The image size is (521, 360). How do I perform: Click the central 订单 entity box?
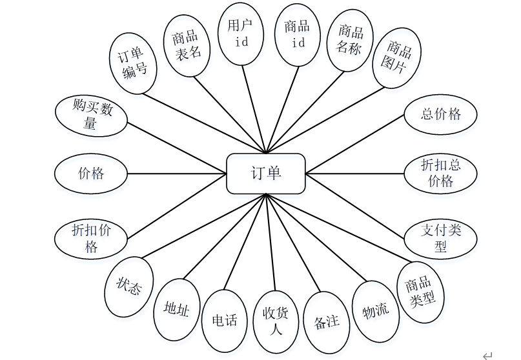[x=265, y=174]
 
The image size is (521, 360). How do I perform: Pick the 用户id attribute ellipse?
[x=240, y=34]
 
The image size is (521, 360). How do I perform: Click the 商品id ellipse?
[x=298, y=35]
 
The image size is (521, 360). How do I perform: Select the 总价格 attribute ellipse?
[x=440, y=115]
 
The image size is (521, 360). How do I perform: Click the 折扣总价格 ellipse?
[x=440, y=174]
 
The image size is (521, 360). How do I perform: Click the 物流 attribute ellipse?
[x=376, y=312]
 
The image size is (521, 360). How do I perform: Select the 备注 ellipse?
[x=326, y=321]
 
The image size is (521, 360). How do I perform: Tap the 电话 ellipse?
[x=225, y=319]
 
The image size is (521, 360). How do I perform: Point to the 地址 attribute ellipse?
[x=176, y=310]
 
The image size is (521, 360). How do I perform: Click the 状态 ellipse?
[x=128, y=287]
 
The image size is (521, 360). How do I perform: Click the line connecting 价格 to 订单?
[x=177, y=174]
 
